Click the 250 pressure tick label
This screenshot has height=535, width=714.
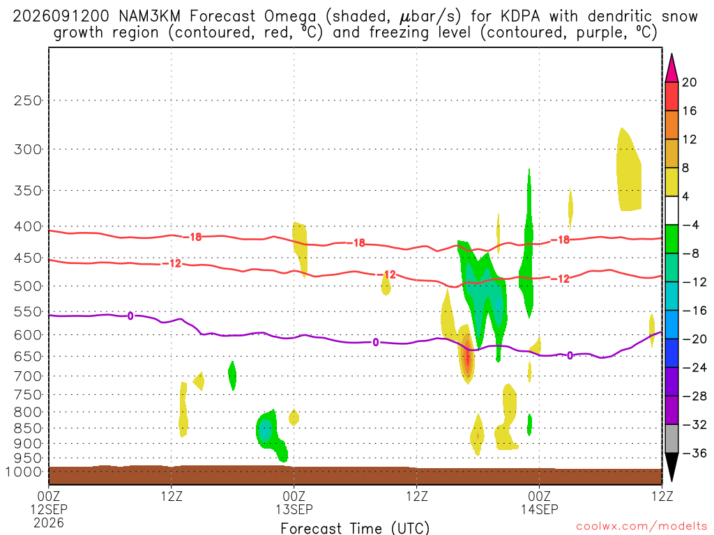pos(27,100)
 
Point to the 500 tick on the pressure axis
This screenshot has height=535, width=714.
pos(27,286)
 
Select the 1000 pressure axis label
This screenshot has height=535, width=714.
pos(24,472)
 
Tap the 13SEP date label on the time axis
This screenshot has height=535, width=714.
pos(294,509)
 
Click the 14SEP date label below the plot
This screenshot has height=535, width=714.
pos(540,509)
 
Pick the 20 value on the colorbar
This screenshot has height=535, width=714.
pos(690,82)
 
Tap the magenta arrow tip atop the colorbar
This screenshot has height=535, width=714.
pos(671,54)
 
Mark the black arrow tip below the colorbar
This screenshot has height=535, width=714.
pos(671,481)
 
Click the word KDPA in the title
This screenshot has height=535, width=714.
pos(520,17)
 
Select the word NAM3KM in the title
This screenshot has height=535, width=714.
pos(149,17)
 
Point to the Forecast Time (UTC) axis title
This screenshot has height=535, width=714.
pos(355,528)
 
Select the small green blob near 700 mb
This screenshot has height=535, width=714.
pos(232,375)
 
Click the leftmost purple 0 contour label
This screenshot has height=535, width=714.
pos(130,316)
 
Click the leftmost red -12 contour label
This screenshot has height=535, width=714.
pos(172,263)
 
